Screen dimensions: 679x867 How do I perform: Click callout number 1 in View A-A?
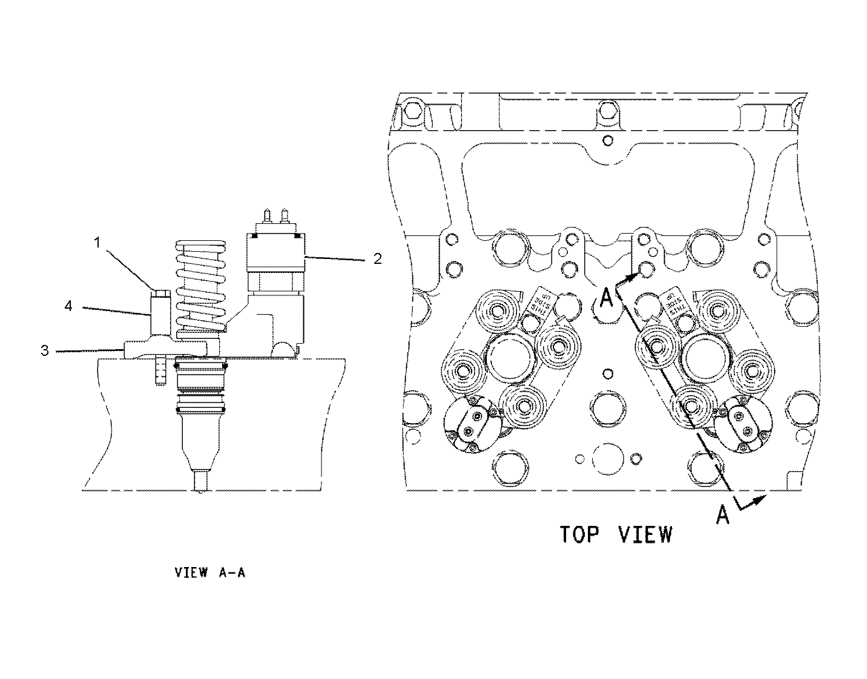pyautogui.click(x=97, y=243)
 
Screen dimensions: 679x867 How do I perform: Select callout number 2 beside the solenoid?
pyautogui.click(x=377, y=259)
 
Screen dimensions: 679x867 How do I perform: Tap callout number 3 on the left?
pyautogui.click(x=44, y=350)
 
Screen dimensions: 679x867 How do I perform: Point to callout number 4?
pyautogui.click(x=68, y=307)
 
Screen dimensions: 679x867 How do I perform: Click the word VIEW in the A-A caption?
pyautogui.click(x=191, y=572)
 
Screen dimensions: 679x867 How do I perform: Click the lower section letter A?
pyautogui.click(x=722, y=514)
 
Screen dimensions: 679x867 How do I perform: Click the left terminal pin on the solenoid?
pyautogui.click(x=266, y=217)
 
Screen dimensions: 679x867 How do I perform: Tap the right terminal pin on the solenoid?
pyautogui.click(x=282, y=217)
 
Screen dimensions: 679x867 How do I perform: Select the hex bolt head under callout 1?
pyautogui.click(x=161, y=294)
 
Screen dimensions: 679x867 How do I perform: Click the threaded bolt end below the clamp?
pyautogui.click(x=160, y=372)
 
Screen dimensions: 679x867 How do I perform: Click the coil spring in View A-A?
pyautogui.click(x=199, y=284)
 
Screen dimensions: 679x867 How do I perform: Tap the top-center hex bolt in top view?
pyautogui.click(x=608, y=110)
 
